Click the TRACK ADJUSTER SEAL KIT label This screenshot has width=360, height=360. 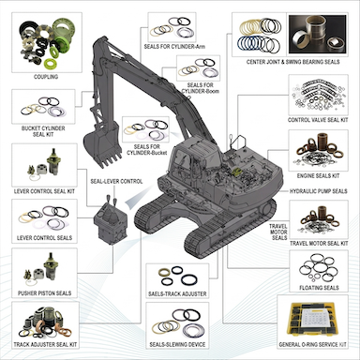tap(41, 348)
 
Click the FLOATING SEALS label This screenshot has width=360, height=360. tap(318, 289)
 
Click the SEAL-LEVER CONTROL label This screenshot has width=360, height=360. tap(116, 181)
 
